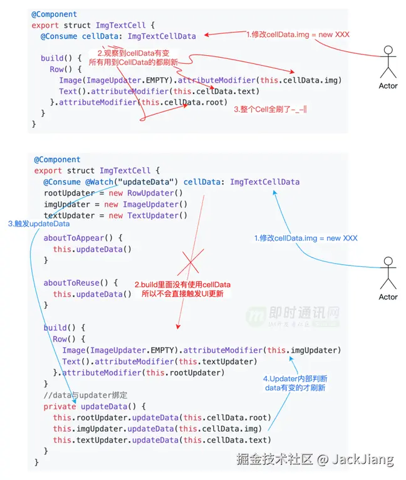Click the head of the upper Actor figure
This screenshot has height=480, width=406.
pyautogui.click(x=388, y=50)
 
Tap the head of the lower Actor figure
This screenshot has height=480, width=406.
pyautogui.click(x=388, y=261)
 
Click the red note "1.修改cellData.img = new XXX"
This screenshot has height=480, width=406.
pyautogui.click(x=298, y=34)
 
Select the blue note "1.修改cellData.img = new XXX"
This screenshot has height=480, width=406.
pyautogui.click(x=306, y=238)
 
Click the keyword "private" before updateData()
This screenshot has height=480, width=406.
pyautogui.click(x=60, y=406)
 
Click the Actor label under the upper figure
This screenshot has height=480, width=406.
pyautogui.click(x=388, y=86)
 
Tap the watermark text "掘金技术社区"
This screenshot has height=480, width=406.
pyautogui.click(x=274, y=459)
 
